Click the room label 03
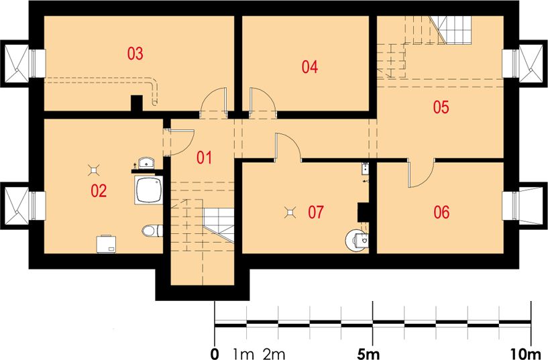coord(135,54)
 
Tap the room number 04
coord(310,66)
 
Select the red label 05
coord(441,107)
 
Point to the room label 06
coord(441,212)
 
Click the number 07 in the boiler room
coord(316,212)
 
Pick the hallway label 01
coord(204,158)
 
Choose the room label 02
coord(99,190)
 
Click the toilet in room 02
coord(152,231)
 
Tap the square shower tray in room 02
coord(148,190)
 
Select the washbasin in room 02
coord(147,163)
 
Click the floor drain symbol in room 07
coord(290,212)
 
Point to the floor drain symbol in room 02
coord(94,170)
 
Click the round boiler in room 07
coord(356,240)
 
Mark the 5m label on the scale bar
coord(368,354)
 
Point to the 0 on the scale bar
coord(215,354)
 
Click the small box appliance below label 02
coord(107,244)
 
